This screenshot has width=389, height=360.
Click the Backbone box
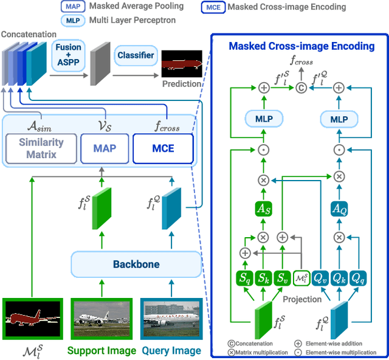point(136,265)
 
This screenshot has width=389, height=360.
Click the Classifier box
point(136,56)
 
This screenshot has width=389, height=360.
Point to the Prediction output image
point(182,64)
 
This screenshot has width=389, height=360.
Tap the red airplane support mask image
point(32,320)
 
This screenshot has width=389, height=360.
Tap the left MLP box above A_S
point(263,120)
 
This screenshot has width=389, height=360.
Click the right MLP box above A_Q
point(339,120)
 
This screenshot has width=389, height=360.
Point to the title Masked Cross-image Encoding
point(301,46)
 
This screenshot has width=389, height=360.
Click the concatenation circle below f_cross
point(301,88)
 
